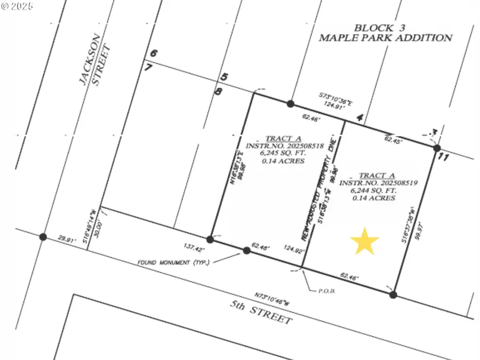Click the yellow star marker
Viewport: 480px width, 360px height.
tap(365, 241)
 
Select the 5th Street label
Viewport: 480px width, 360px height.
tap(261, 313)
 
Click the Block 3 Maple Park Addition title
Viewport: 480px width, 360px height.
tap(385, 33)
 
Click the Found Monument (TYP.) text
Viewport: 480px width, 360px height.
tap(173, 263)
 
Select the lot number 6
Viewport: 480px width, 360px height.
tap(154, 54)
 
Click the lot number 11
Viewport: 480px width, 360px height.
tap(443, 157)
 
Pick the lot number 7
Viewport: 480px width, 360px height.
tap(148, 67)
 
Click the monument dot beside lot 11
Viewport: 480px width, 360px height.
tap(436, 148)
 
